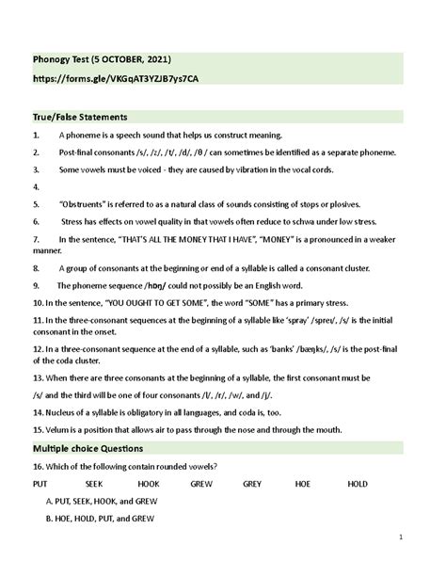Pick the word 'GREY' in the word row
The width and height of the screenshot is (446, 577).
click(252, 483)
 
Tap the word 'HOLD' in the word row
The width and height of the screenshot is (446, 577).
click(358, 483)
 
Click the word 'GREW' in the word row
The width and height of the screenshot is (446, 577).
click(201, 483)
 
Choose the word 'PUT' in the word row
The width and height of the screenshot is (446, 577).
click(40, 483)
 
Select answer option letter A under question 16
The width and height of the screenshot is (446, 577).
click(48, 501)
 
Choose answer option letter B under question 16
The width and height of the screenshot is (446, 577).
click(48, 518)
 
